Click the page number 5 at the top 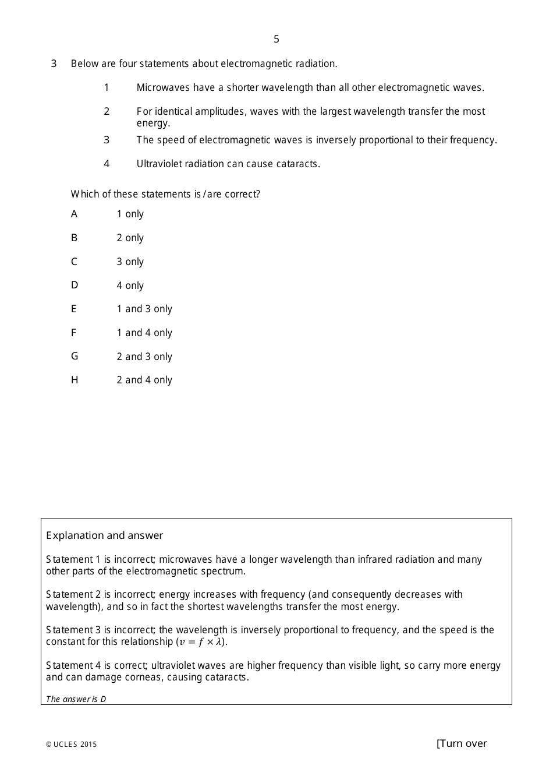(x=276, y=39)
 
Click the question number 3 (x=54, y=64)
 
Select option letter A (x=74, y=214)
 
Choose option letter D (x=74, y=285)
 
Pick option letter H (x=74, y=380)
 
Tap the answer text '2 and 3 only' (x=144, y=357)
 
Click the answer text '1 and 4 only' (x=144, y=333)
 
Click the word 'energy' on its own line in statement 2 (x=153, y=123)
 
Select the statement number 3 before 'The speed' (x=107, y=140)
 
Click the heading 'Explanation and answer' (x=104, y=535)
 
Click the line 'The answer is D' (x=76, y=699)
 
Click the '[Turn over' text (x=462, y=743)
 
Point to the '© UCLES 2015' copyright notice (x=72, y=744)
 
